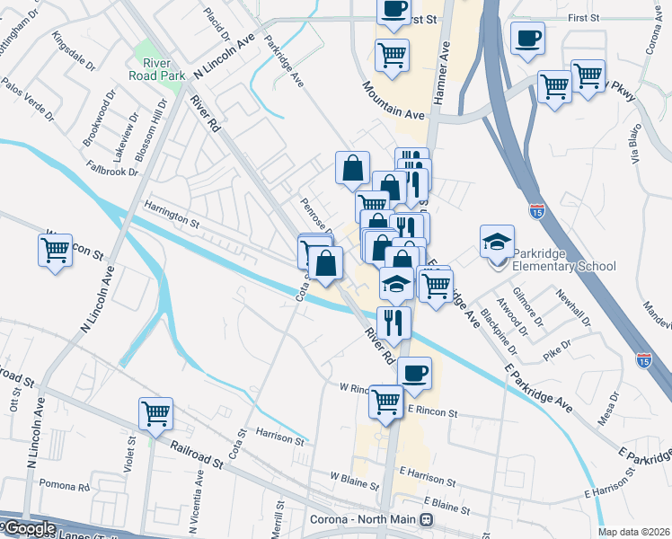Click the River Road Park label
(x=164, y=69)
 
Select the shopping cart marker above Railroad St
(x=155, y=414)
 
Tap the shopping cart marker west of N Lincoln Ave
(x=55, y=250)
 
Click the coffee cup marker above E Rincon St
(x=413, y=373)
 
